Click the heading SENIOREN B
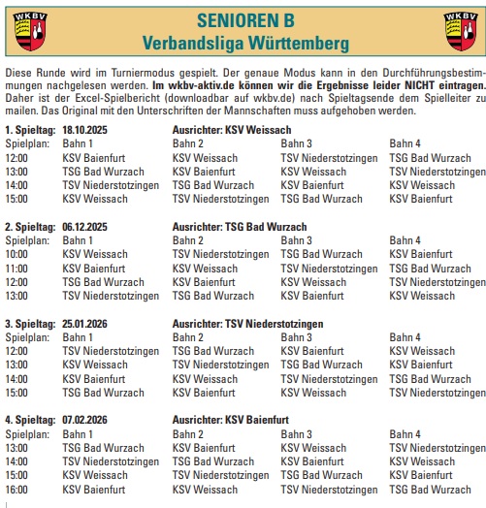coord(243,20)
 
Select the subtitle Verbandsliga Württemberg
coord(243,44)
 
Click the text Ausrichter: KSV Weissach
coord(230,130)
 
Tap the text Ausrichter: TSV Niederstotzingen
coord(247,323)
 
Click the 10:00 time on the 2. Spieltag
coord(17,254)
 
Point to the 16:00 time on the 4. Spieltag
coord(17,490)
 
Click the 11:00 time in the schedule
coord(17,269)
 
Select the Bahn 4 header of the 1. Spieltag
coord(405,143)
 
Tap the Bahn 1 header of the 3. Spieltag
coord(78,337)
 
